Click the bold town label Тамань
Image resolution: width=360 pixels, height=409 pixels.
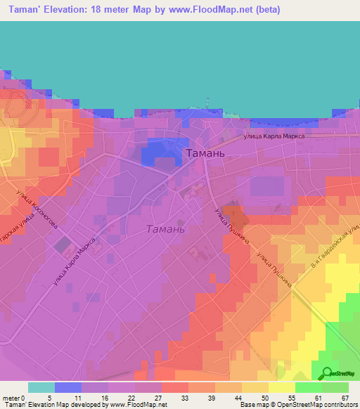[205, 152]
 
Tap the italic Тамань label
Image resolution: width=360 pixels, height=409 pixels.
[165, 229]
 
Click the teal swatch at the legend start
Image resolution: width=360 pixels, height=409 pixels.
[41, 387]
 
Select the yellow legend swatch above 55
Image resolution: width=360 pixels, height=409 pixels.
[281, 387]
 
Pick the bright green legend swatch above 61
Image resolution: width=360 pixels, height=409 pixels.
[308, 387]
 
